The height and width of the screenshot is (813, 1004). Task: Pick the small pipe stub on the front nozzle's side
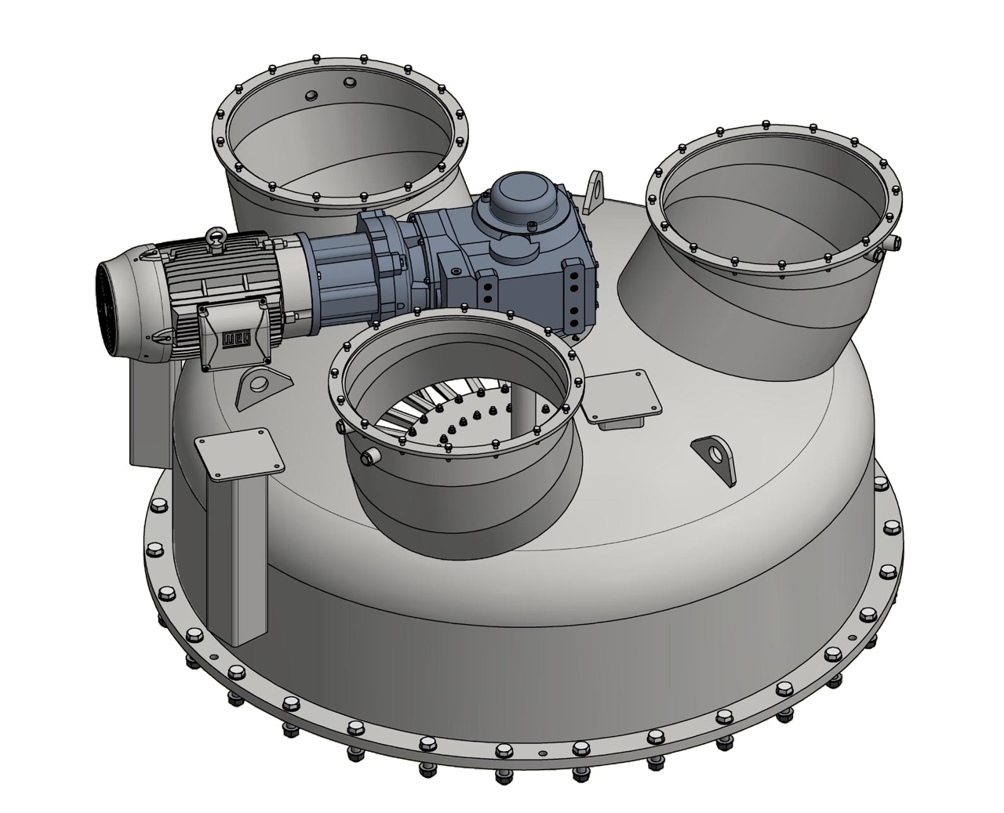368,455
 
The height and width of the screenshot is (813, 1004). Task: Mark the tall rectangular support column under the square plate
235,557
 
